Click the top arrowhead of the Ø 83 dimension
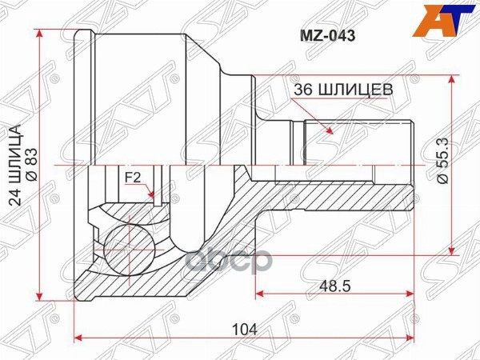pyautogui.click(x=40, y=34)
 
